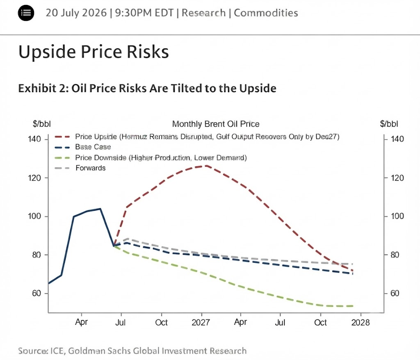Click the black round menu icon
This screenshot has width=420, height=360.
(26, 13)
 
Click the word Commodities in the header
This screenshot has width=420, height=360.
(266, 13)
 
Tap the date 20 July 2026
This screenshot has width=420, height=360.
(76, 13)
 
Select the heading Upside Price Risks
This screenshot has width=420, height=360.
(94, 51)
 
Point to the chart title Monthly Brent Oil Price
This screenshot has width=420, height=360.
(216, 124)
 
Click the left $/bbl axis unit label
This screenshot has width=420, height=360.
(41, 124)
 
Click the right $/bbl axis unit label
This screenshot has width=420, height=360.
(389, 124)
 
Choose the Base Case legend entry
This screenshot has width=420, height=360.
(93, 147)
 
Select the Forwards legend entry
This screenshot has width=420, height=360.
(91, 168)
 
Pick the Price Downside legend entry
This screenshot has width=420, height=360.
(161, 157)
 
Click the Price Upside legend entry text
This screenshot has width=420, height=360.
(207, 137)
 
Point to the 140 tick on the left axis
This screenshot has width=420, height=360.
(34, 139)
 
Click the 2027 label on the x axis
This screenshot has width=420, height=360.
(201, 322)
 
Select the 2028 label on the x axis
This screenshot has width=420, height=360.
(361, 322)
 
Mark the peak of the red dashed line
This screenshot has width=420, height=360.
(207, 166)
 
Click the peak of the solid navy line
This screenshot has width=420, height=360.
(100, 209)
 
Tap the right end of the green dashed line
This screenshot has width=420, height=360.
(353, 306)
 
